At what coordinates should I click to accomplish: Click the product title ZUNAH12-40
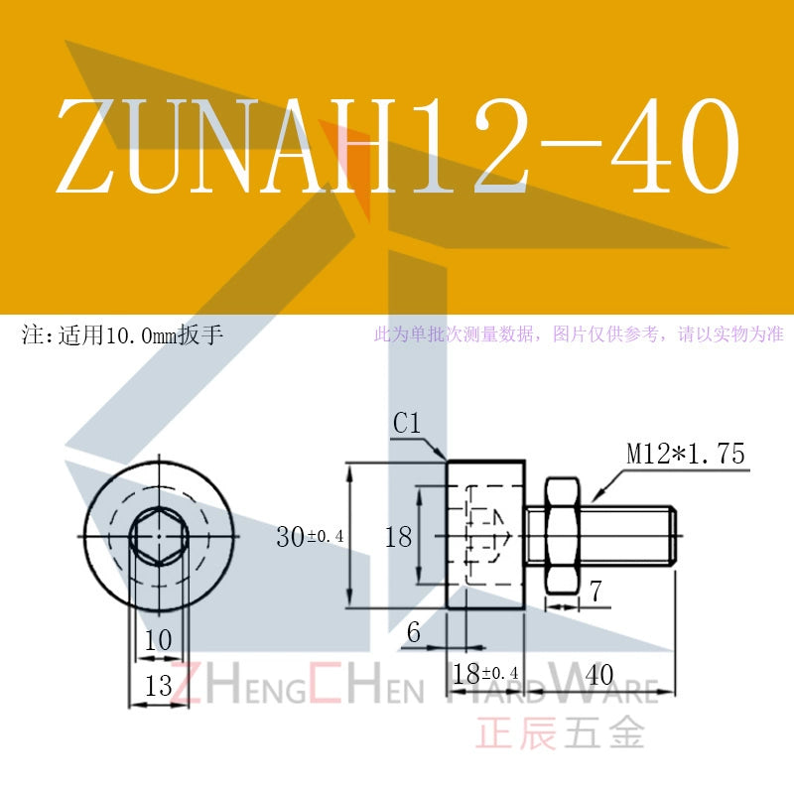(398, 145)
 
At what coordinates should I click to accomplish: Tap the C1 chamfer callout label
(407, 424)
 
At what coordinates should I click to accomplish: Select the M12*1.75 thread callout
(686, 454)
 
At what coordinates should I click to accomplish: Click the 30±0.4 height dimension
(310, 536)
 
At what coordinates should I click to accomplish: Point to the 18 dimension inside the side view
(399, 537)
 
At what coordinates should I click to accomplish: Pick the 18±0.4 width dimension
(485, 674)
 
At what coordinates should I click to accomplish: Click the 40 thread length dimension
(599, 675)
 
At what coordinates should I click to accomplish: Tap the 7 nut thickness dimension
(596, 591)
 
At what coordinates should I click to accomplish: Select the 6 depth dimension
(414, 632)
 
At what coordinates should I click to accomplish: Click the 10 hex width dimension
(159, 640)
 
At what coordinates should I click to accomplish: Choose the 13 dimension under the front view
(159, 686)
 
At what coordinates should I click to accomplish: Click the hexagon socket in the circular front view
(159, 536)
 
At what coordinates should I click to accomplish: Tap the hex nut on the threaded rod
(562, 536)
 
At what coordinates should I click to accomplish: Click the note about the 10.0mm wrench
(122, 335)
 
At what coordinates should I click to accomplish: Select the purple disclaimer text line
(579, 334)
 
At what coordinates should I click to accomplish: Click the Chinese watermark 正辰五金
(560, 731)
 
